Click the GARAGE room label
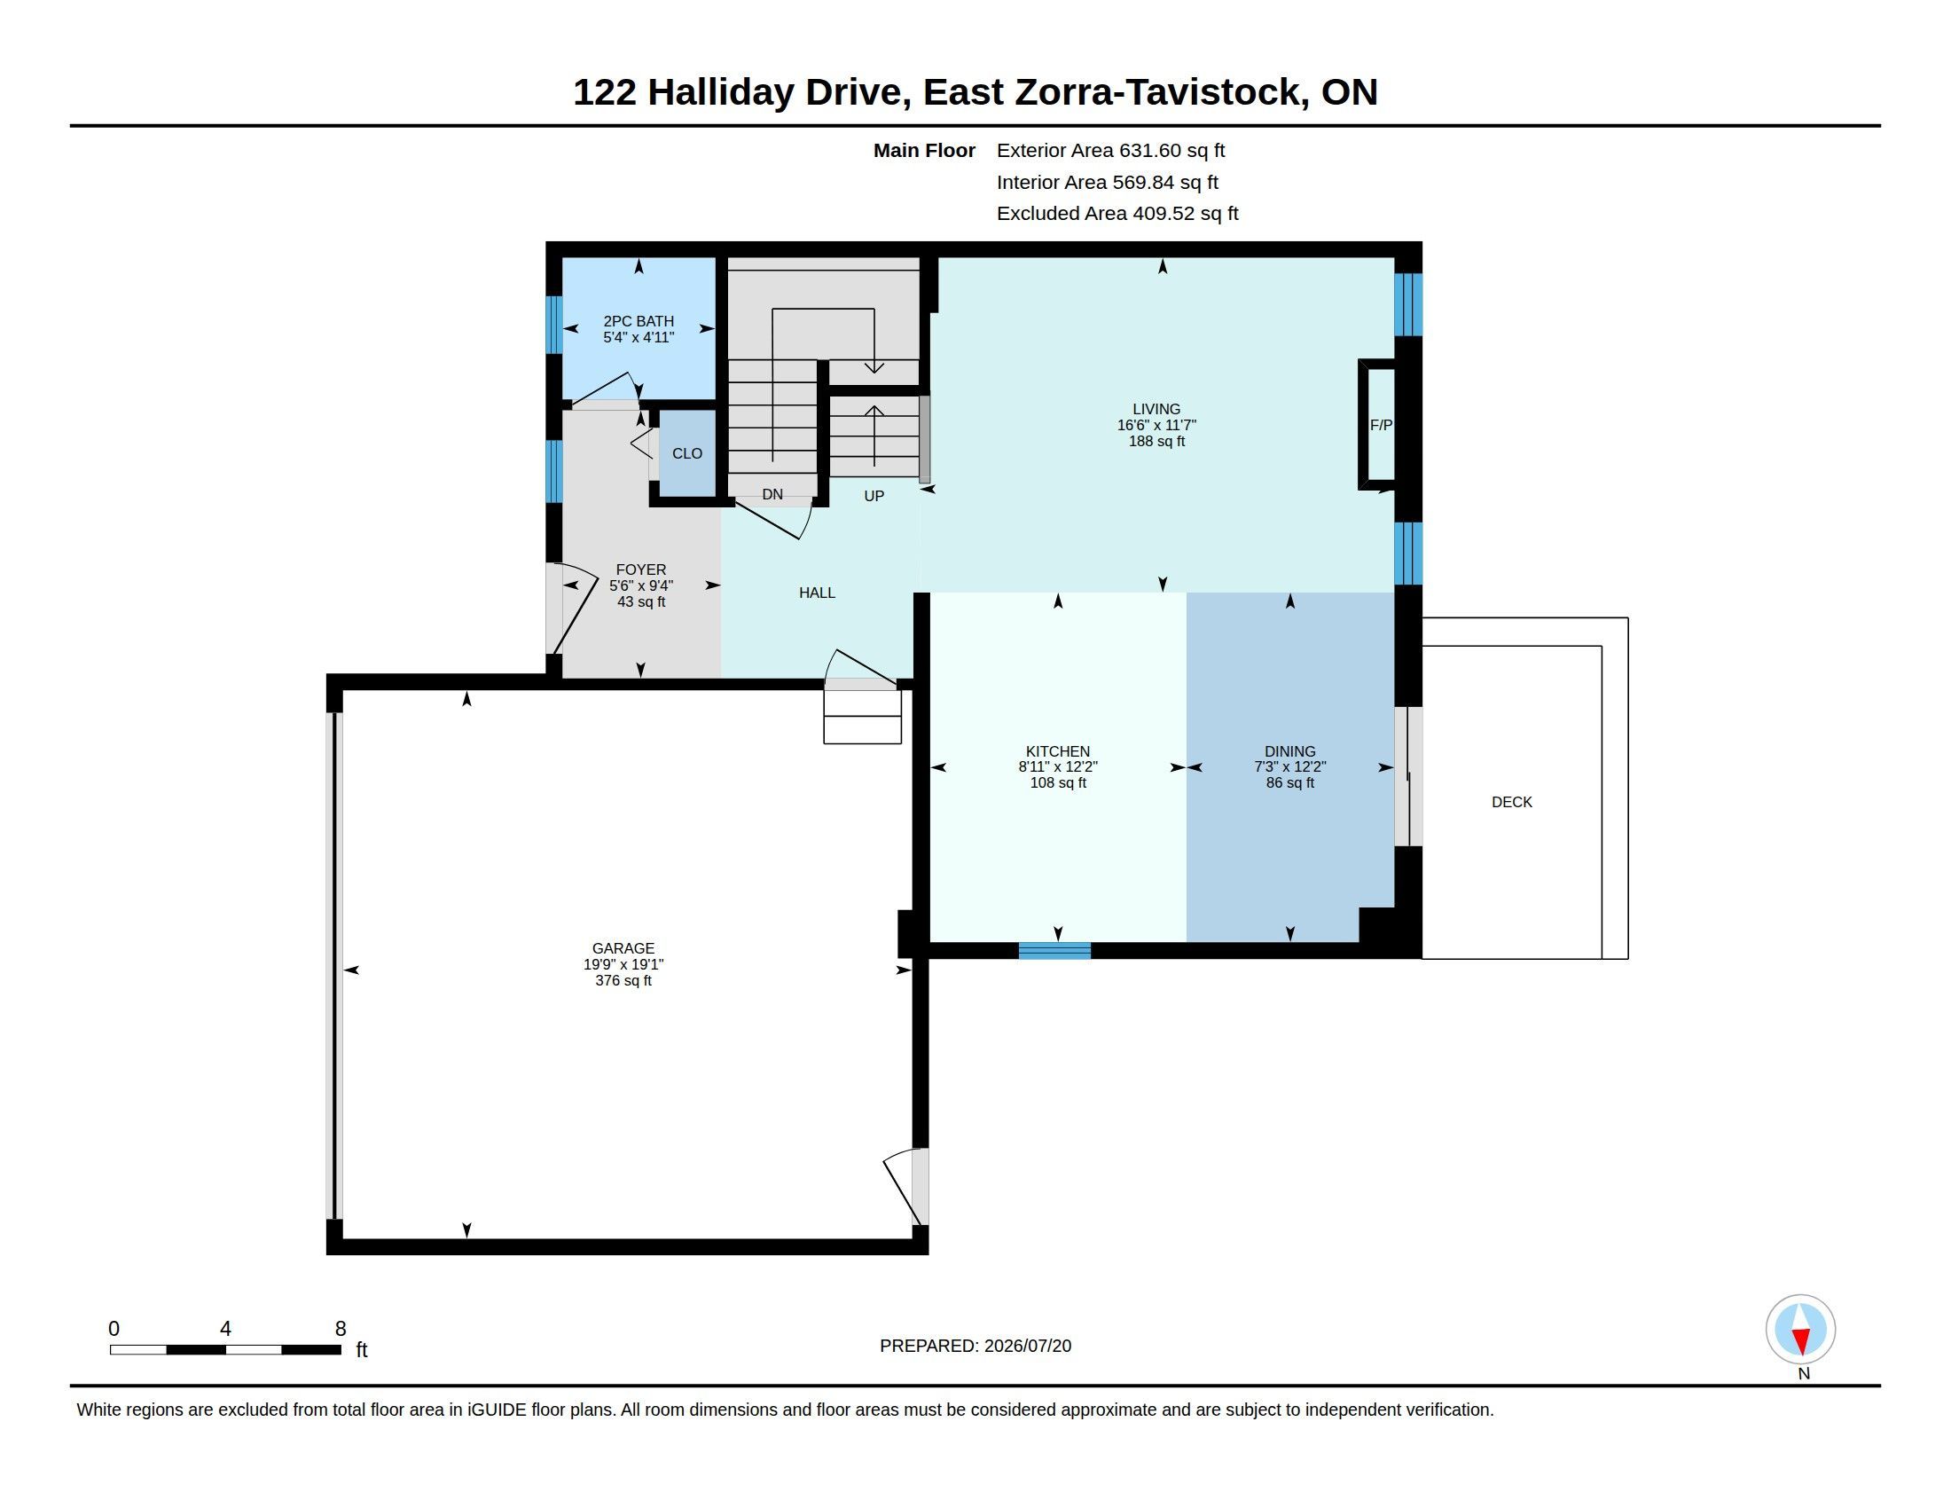(x=623, y=948)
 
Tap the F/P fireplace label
(x=1380, y=425)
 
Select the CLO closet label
(x=687, y=454)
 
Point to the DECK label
(x=1511, y=802)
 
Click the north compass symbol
(x=1800, y=1330)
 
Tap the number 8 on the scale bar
(x=341, y=1329)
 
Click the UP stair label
(x=874, y=496)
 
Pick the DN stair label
(x=772, y=494)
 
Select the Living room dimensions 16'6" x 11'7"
(x=1156, y=425)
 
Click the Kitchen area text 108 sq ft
(x=1058, y=782)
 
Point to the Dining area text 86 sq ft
(x=1290, y=782)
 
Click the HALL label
(x=817, y=593)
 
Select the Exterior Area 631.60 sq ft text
(x=1110, y=150)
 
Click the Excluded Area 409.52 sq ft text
(x=1117, y=214)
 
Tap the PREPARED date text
(x=975, y=1346)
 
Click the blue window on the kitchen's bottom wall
(x=1054, y=951)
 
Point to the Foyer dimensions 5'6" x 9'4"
(x=640, y=586)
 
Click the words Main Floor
(x=924, y=150)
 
